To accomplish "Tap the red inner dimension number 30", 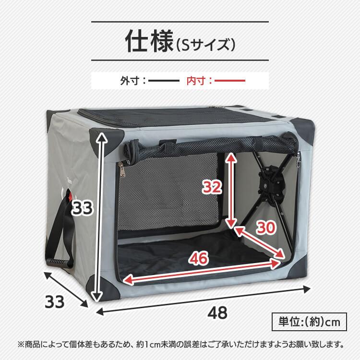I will [265, 228].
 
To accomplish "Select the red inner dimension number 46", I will [198, 259].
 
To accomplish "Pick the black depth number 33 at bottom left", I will [54, 302].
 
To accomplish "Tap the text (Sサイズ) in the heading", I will [205, 45].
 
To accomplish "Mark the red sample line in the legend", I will [230, 81].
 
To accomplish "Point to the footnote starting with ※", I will [180, 344].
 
